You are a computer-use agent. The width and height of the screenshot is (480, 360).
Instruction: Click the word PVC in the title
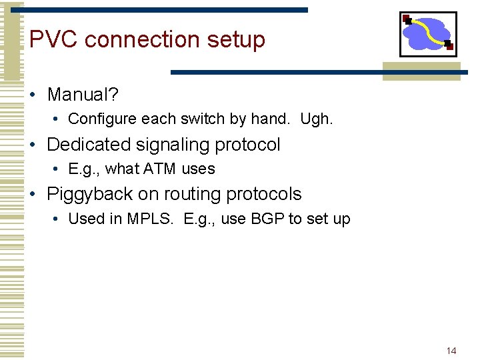[x=53, y=39]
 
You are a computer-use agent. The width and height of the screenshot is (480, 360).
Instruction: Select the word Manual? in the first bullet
[x=83, y=95]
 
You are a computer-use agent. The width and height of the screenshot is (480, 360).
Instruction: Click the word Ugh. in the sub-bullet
[x=316, y=119]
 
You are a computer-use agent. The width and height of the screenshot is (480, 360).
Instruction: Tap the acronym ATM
[x=160, y=169]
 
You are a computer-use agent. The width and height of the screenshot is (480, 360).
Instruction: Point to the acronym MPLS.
[x=151, y=219]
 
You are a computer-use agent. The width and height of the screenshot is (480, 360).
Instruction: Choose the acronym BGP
[x=267, y=219]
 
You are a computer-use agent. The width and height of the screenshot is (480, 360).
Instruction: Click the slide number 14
[x=451, y=351]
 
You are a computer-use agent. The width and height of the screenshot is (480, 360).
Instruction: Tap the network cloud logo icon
[x=428, y=34]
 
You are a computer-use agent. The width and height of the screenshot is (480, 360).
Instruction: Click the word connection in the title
[x=143, y=39]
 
